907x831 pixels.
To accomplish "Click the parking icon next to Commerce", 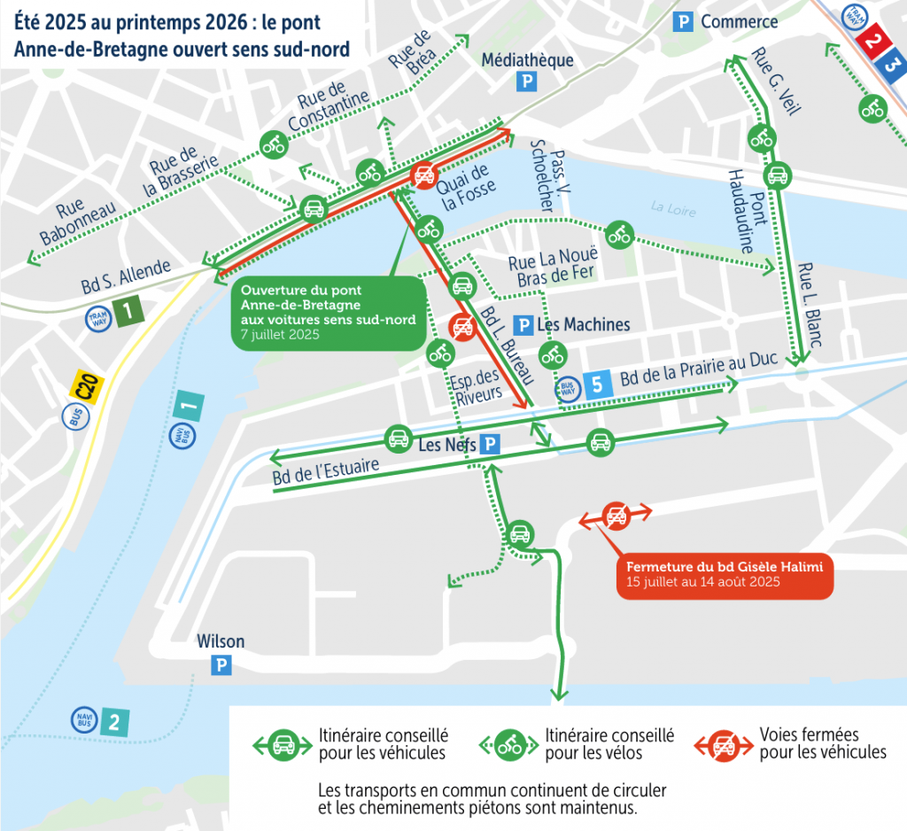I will (683, 22).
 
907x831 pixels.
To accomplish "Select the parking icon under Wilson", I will (221, 664).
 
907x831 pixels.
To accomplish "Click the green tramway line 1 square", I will (128, 312).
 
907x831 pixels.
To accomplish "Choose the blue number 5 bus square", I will (596, 384).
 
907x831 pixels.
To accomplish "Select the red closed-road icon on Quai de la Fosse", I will (424, 175).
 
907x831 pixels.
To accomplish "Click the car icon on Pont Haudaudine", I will (777, 175).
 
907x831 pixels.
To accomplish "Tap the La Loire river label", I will (673, 208).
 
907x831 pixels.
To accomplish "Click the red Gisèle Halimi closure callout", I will (724, 573).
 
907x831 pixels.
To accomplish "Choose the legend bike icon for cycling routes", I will (510, 745).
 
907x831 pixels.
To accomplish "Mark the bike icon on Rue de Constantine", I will (273, 144).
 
